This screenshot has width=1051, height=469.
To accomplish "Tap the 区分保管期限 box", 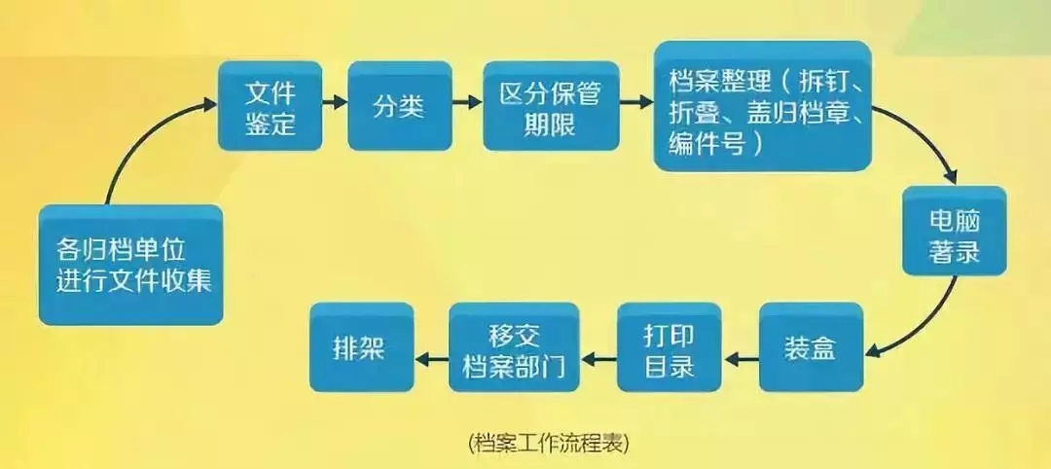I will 551,106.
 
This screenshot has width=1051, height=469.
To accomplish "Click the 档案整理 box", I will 761,105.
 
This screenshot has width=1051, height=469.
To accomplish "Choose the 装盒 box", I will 811,347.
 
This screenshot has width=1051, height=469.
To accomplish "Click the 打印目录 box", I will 670,347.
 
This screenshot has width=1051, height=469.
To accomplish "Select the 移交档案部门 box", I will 513,347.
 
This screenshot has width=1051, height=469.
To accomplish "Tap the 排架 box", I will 361,347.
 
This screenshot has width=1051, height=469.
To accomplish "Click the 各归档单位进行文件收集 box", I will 131,265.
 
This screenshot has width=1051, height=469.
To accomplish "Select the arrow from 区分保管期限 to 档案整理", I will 636,100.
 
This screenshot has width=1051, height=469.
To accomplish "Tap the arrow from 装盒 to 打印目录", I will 742,358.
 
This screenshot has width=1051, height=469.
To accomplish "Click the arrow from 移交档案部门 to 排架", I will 430,358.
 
